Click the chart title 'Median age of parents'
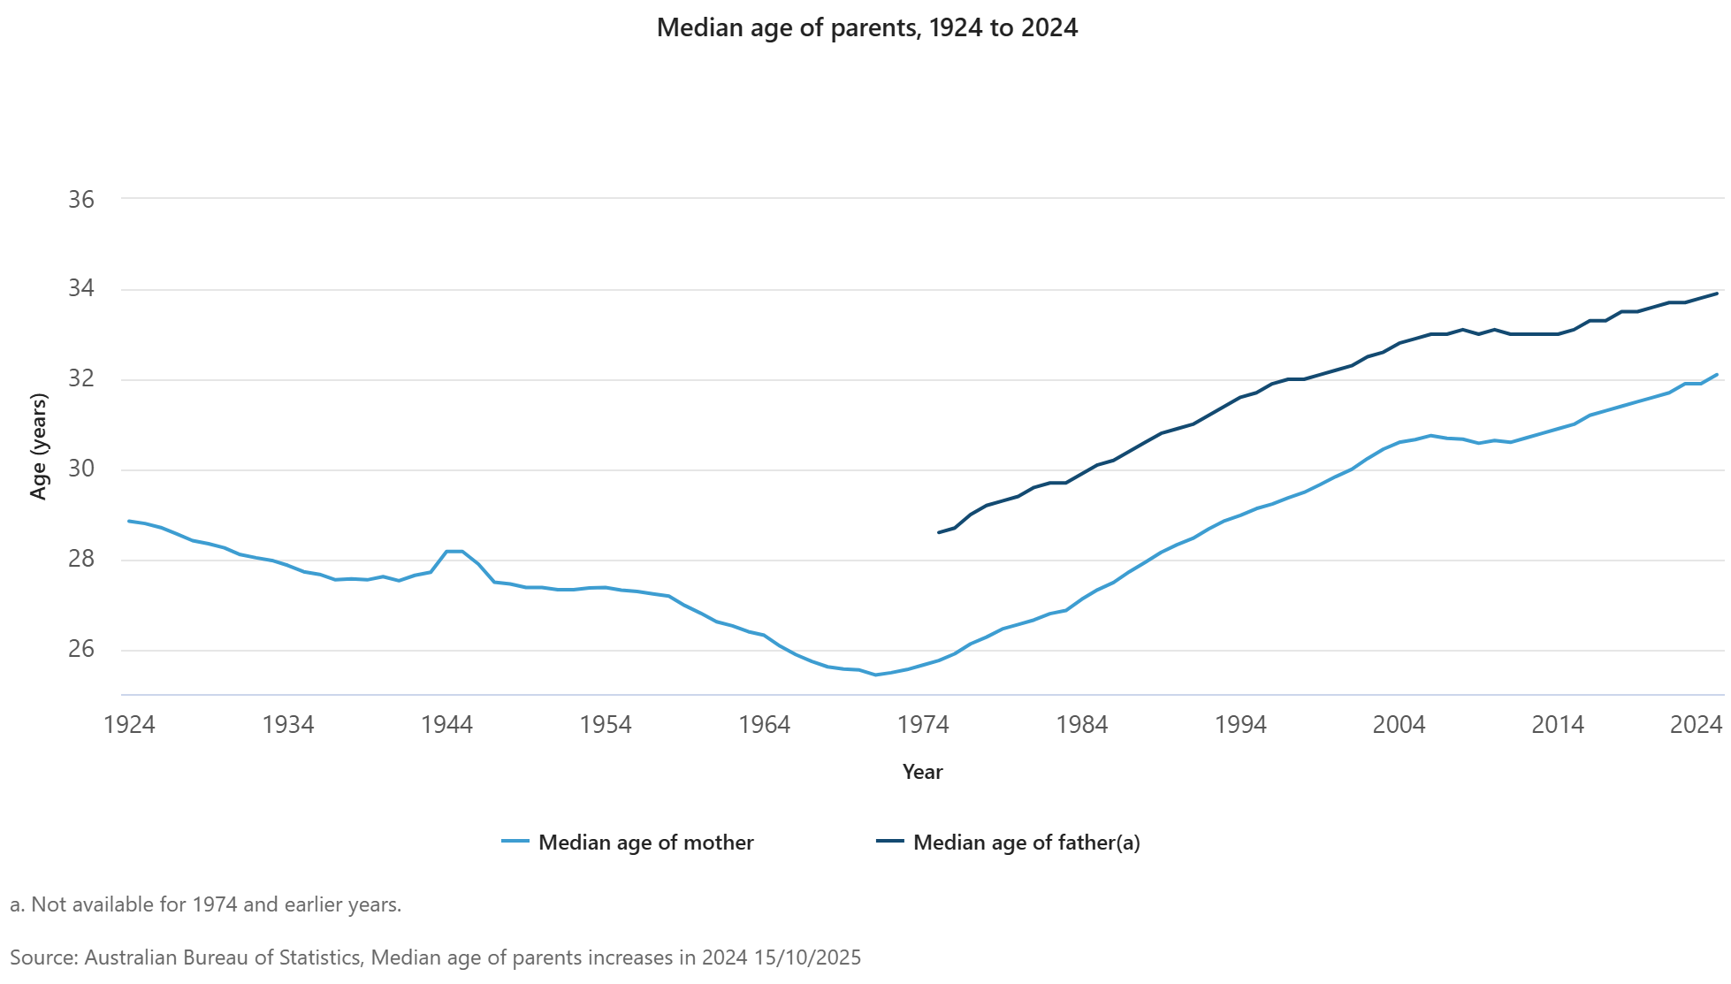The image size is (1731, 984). [866, 28]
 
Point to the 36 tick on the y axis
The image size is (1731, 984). [81, 200]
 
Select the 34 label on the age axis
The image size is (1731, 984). [81, 289]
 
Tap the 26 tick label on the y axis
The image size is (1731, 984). [81, 649]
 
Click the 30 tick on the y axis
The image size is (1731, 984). [81, 469]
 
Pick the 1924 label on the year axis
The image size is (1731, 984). [129, 725]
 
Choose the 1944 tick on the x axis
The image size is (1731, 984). [446, 725]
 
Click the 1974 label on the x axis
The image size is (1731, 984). [923, 725]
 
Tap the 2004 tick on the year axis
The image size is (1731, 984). [1399, 725]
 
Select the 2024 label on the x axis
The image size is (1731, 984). [1696, 725]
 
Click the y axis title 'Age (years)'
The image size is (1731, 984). [38, 446]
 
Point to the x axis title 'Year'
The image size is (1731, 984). [922, 772]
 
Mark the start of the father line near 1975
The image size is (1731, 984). [939, 532]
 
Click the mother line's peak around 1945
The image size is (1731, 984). [454, 551]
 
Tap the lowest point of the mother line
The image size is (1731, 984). [875, 675]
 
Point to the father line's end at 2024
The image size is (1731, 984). [1717, 294]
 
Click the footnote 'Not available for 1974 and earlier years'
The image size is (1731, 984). [206, 904]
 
